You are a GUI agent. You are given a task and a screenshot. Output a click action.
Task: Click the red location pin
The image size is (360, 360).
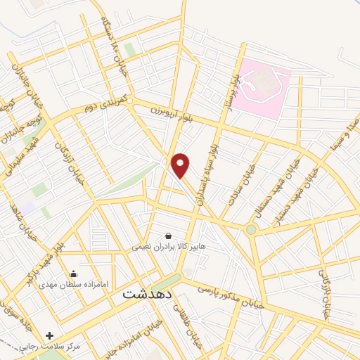[x=181, y=165]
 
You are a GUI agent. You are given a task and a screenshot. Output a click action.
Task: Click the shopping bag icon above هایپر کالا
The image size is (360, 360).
[x=168, y=236]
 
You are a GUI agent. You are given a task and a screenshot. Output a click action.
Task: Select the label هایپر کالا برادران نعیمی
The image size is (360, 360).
[x=168, y=247]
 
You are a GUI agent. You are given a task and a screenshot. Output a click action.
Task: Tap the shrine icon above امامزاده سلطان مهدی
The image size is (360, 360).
[x=74, y=274]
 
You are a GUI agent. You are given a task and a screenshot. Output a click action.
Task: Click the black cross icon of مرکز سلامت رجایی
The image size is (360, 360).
[x=49, y=335]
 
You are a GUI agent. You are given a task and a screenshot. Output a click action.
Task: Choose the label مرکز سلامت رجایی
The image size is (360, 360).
[x=86, y=347]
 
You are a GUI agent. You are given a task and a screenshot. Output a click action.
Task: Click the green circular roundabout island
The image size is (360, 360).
[x=251, y=229]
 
